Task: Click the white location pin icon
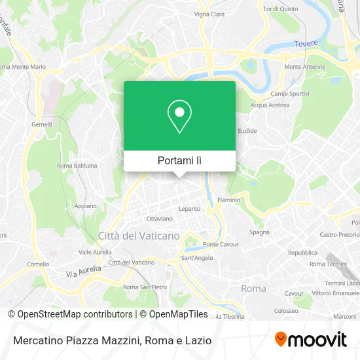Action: [179, 117]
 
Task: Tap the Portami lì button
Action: [179, 160]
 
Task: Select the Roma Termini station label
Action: [327, 263]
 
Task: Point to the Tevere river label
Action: [306, 43]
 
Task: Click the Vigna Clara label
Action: [210, 14]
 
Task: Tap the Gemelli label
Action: [41, 123]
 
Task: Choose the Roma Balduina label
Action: [77, 166]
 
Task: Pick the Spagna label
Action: [260, 232]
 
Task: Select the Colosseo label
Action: [286, 311]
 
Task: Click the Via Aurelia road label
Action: [83, 272]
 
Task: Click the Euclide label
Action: [247, 130]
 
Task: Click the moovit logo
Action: [310, 340]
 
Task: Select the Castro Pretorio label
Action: [339, 234]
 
